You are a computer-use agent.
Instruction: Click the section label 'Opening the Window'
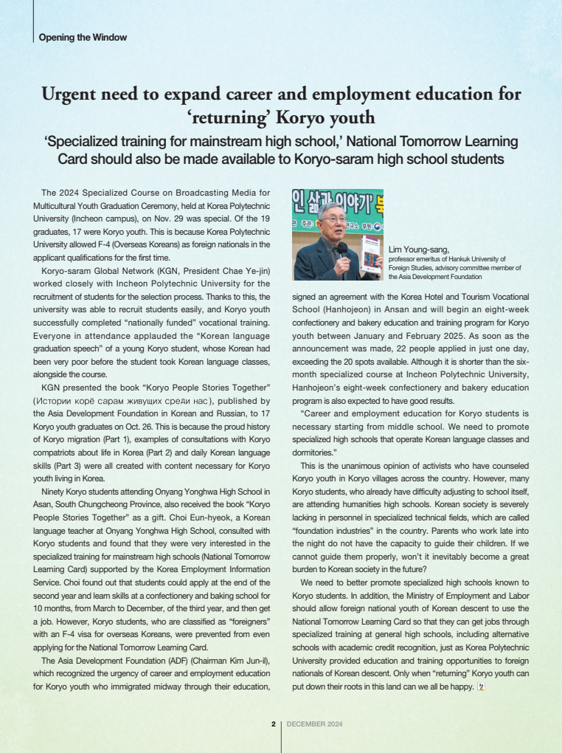83,37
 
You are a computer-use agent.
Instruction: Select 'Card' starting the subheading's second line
74,159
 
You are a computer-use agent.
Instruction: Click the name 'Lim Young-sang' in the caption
418,250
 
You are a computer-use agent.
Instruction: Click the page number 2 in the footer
273,724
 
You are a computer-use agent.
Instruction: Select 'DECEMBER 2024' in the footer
314,724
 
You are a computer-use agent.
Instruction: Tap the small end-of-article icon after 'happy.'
482,687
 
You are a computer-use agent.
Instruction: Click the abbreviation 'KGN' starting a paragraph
51,388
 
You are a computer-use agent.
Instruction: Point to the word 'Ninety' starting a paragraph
55,491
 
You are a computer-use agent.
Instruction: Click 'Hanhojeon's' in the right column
317,388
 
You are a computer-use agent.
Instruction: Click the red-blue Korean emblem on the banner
378,227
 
